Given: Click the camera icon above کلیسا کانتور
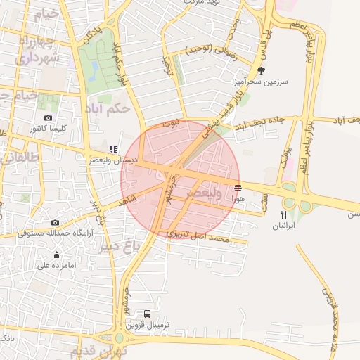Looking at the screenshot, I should (x=48, y=117).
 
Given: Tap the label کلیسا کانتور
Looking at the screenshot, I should (x=48, y=129).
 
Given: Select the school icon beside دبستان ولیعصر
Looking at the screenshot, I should (x=113, y=150).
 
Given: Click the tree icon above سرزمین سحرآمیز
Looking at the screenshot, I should (x=262, y=70).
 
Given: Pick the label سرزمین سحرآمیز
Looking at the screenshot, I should (x=257, y=82).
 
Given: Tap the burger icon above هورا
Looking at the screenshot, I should (x=238, y=188).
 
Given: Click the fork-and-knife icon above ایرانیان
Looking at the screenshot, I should (x=284, y=214).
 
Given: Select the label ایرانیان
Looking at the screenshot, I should (x=284, y=226).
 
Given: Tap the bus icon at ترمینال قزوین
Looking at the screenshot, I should (x=148, y=314).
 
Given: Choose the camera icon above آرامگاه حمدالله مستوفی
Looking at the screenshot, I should (x=55, y=222).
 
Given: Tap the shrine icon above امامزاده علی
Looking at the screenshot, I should (x=56, y=255).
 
